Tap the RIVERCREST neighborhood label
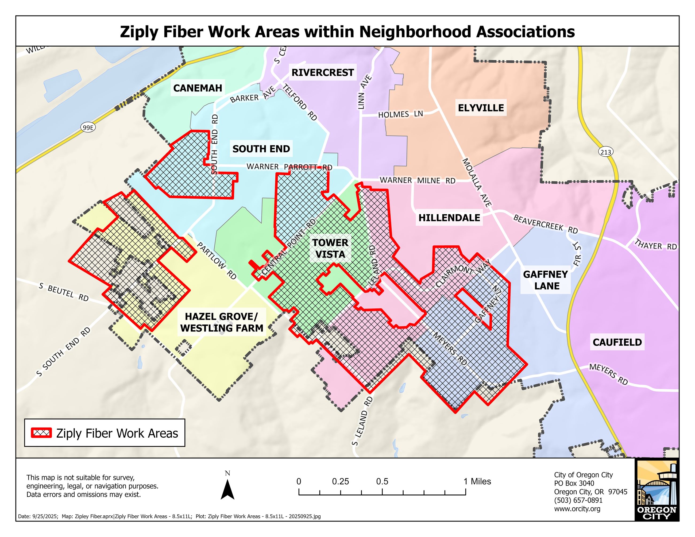click(x=322, y=72)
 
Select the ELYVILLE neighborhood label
click(x=481, y=108)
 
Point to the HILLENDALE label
click(x=449, y=218)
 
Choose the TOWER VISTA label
click(x=330, y=249)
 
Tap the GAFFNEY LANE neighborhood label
click(x=545, y=280)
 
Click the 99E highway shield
click(x=88, y=128)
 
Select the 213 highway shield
click(x=605, y=152)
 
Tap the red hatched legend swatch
click(x=41, y=433)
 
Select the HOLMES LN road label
click(x=400, y=114)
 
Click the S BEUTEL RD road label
click(x=64, y=292)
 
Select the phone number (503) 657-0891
click(x=578, y=500)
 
